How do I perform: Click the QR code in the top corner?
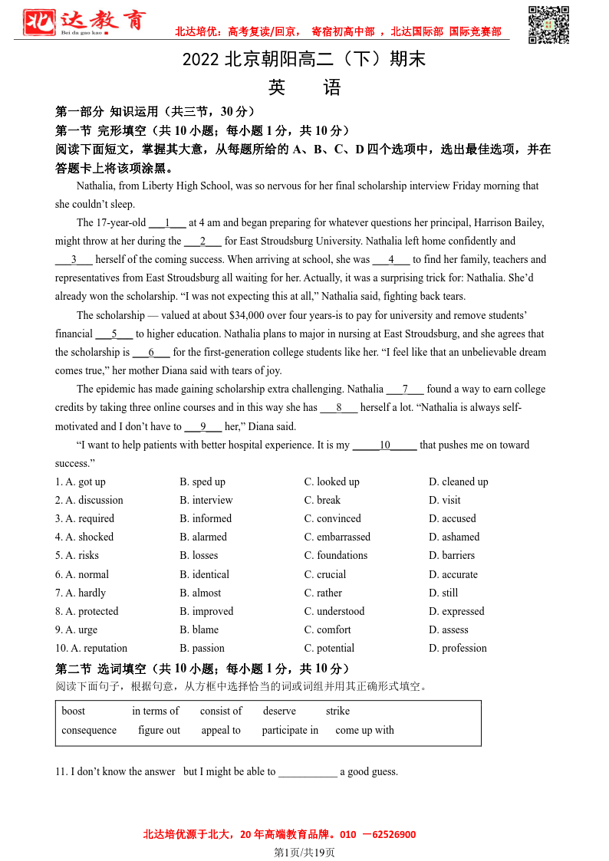pos(549,25)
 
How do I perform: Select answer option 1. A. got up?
pos(81,481)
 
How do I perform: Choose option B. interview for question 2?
pos(206,500)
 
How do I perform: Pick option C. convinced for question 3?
pos(332,518)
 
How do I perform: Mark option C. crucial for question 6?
pos(325,574)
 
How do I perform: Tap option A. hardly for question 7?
pos(81,593)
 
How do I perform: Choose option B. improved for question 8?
pos(206,611)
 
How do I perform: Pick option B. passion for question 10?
pos(202,648)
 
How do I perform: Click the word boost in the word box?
pos(74,711)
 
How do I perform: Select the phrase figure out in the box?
pos(160,730)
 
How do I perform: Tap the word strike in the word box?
pos(337,711)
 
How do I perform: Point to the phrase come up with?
pos(364,730)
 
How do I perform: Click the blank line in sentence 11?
pos(308,772)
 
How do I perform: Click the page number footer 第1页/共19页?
pos(304,852)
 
